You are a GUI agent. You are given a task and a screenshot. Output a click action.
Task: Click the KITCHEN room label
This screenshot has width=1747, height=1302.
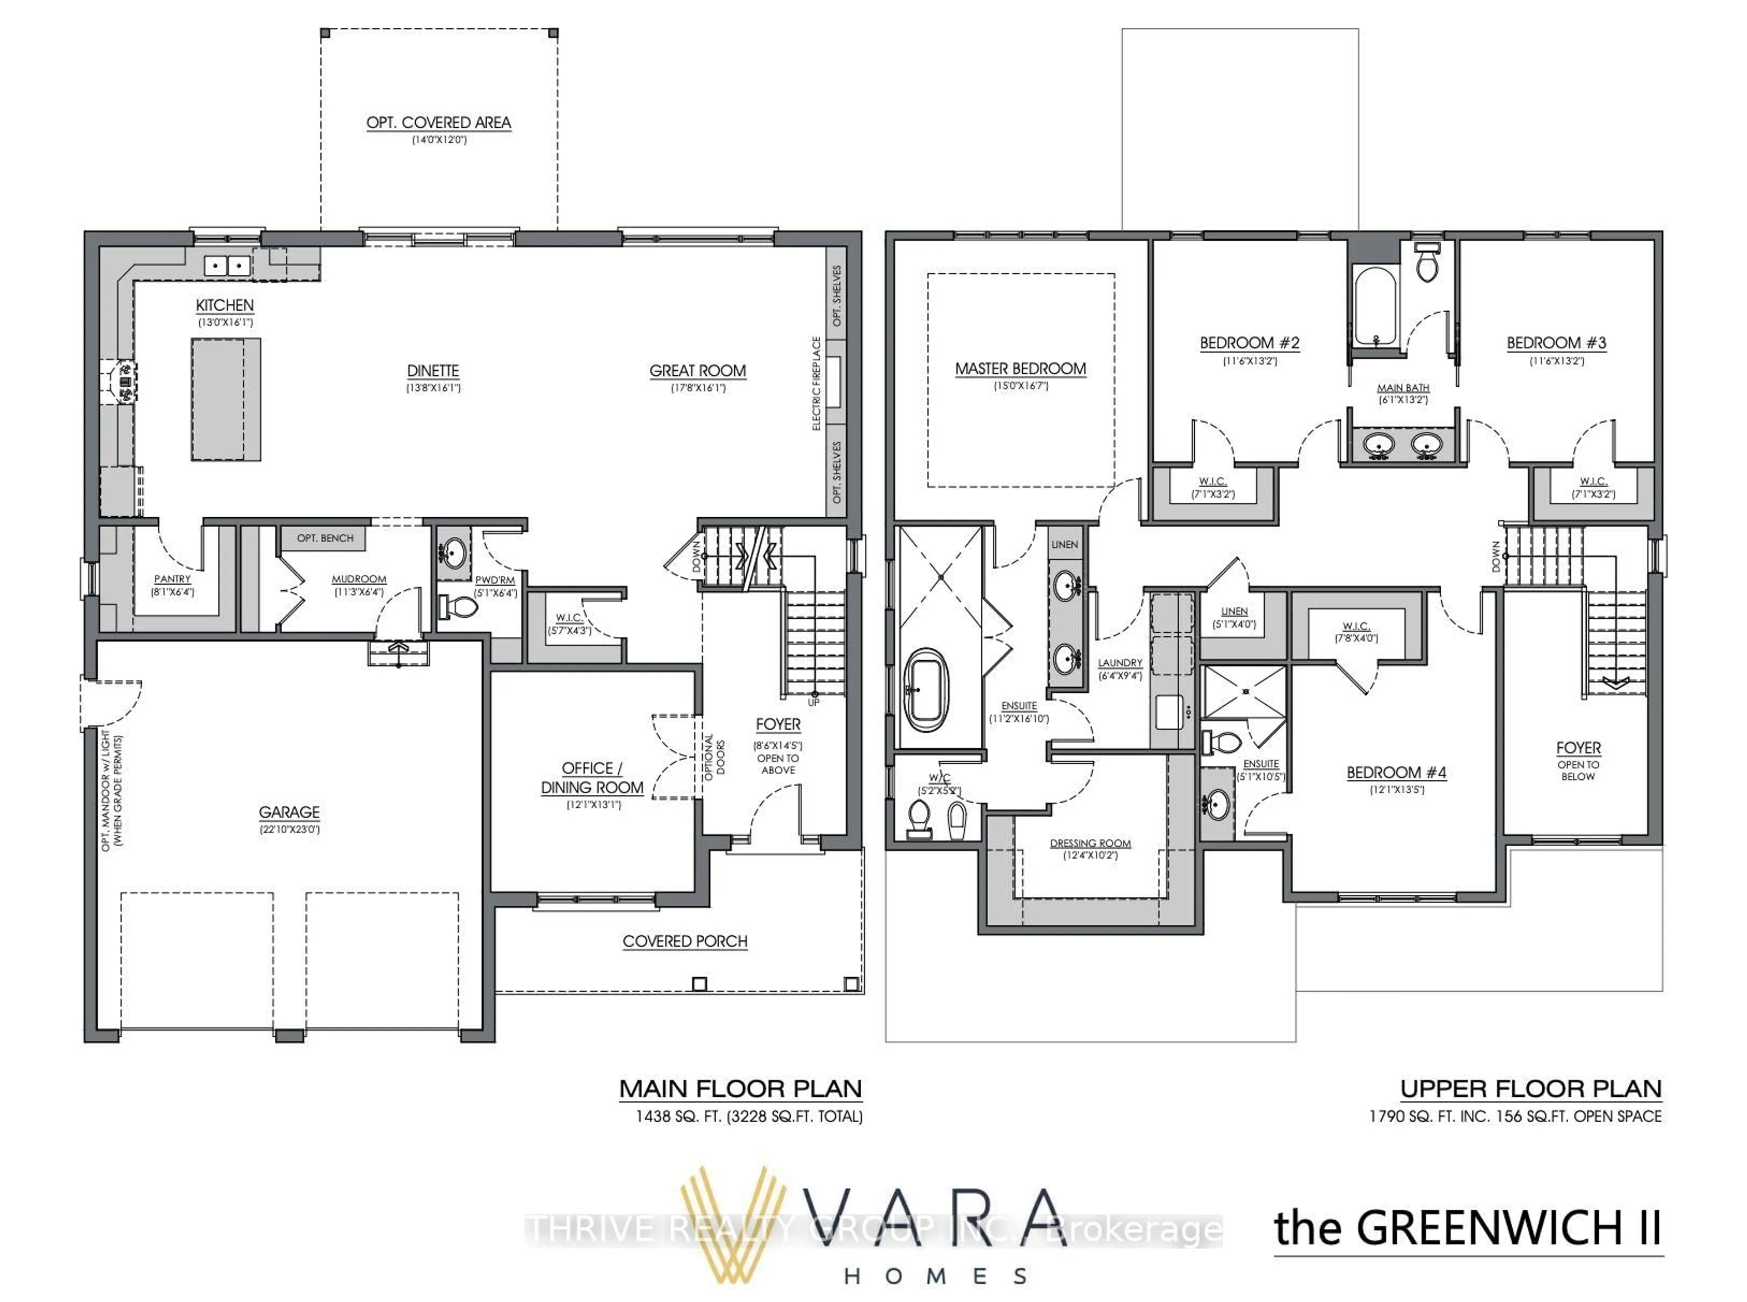point(225,305)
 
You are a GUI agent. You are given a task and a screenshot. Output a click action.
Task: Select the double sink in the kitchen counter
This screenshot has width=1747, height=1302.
point(227,266)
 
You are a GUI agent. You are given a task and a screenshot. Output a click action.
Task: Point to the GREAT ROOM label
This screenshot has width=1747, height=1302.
point(697,370)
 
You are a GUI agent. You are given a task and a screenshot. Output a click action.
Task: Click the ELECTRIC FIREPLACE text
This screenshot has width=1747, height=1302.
point(816,384)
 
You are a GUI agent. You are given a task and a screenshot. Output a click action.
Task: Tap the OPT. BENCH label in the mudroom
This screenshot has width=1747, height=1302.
point(325,538)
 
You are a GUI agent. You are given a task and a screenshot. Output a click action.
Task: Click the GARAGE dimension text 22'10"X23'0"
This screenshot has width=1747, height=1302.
point(289,829)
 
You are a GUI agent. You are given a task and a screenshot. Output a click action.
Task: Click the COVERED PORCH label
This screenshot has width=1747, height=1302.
point(685,941)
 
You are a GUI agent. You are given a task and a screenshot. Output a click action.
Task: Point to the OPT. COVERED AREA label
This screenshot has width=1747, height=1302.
point(439,123)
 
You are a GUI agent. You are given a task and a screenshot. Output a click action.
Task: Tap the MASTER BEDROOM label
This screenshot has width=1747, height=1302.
point(1020,369)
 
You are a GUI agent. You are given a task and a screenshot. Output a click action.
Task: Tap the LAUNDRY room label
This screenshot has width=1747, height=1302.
point(1120,663)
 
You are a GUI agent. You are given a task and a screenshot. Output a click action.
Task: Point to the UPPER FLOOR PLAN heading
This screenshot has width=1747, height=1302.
point(1530,1089)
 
